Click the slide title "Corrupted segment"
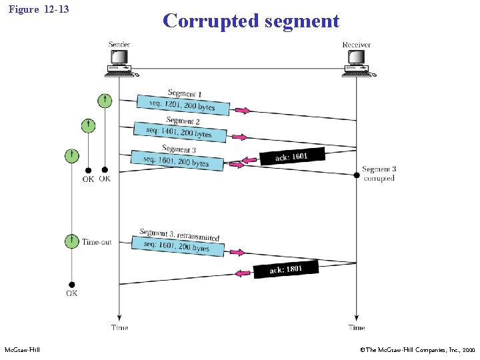coord(251,21)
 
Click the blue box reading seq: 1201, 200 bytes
coord(183,105)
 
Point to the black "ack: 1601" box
coord(291,157)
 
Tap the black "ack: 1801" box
coord(286,269)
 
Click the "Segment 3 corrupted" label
coord(379,174)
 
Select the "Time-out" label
coord(97,242)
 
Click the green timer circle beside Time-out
coord(71,241)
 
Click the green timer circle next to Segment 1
coord(105,101)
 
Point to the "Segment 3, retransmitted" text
coord(179,235)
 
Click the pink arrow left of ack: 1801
coord(243,273)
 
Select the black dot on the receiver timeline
coord(356,175)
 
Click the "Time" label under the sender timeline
coord(119,327)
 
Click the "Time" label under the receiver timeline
coord(357,327)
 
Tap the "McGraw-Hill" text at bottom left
coord(22,350)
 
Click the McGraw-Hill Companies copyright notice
coord(416,350)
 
